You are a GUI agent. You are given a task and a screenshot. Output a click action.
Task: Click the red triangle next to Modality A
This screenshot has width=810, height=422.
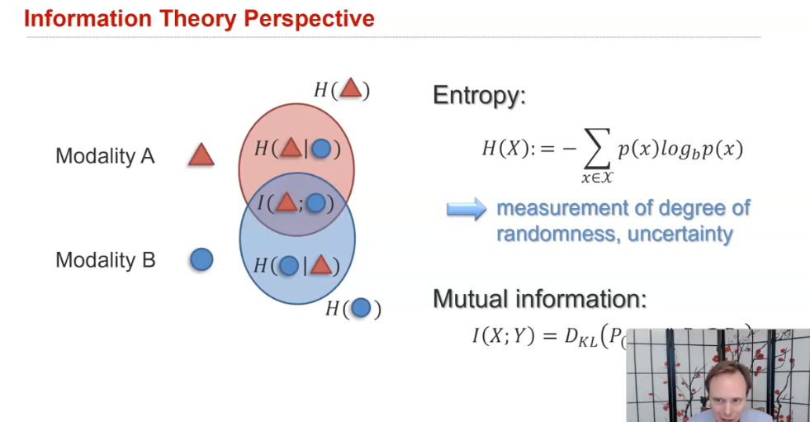(201, 155)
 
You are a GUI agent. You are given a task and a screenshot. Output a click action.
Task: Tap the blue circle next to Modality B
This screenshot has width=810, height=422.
(201, 259)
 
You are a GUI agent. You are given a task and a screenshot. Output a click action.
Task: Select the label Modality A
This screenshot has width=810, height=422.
(105, 156)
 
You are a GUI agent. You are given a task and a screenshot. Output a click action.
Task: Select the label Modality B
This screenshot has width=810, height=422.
(105, 260)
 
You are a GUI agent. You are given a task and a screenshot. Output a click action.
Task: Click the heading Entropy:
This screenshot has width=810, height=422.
(479, 96)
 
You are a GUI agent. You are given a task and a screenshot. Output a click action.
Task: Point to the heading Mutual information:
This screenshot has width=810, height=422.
(540, 299)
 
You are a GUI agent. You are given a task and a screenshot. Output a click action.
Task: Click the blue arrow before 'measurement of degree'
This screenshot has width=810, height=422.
(466, 210)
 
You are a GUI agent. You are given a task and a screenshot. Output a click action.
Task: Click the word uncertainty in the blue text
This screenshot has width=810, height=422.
(680, 234)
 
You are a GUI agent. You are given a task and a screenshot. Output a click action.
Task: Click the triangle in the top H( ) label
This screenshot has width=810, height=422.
(351, 88)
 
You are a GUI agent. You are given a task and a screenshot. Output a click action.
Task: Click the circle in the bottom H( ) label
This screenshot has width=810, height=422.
(360, 308)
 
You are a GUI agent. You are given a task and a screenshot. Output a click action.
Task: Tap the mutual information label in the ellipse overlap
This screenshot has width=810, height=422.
(296, 202)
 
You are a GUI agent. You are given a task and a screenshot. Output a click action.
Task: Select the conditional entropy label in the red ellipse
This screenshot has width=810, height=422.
(296, 149)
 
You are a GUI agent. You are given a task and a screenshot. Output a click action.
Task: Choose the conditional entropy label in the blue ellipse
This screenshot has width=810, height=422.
(296, 265)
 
